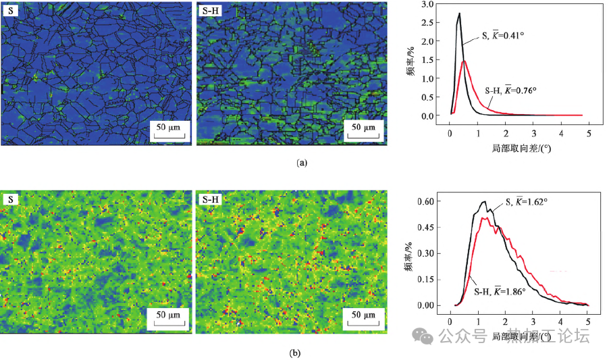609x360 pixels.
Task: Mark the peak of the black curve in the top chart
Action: coord(459,14)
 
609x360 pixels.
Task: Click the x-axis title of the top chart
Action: coord(516,147)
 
